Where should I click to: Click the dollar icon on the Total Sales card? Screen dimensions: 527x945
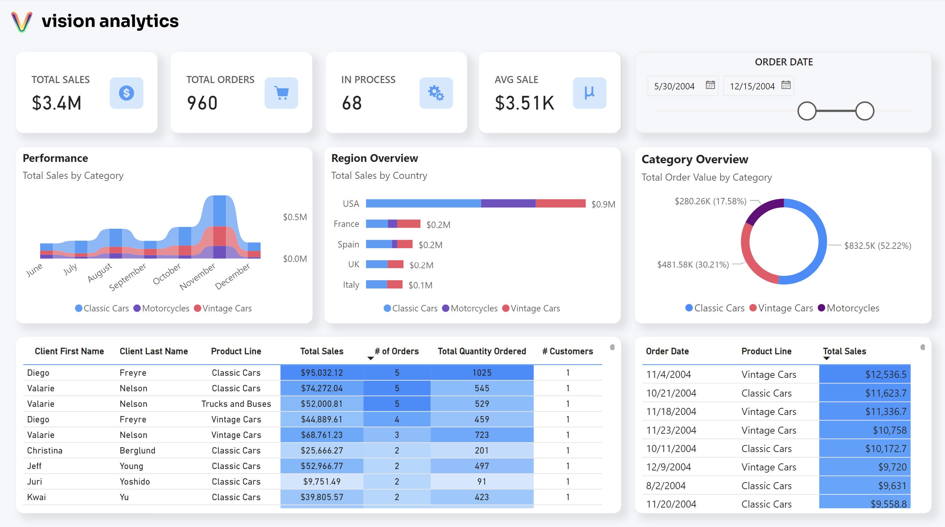point(126,93)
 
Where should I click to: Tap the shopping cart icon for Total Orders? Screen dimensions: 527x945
point(281,93)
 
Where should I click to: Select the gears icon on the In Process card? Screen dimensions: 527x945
point(436,93)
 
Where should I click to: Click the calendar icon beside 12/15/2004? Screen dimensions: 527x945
point(786,85)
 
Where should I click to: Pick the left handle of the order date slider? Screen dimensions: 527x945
point(807,111)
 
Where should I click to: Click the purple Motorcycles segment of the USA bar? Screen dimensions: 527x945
point(508,204)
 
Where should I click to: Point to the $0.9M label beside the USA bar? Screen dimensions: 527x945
point(603,204)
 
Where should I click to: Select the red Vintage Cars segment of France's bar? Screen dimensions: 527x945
point(408,224)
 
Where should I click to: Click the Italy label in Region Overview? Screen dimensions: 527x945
point(351,285)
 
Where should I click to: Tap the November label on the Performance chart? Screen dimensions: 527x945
point(197,276)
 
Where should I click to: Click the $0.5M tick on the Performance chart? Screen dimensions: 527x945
point(294,217)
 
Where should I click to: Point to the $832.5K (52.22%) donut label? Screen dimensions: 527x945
point(877,246)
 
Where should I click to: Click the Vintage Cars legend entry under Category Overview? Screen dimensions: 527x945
point(781,308)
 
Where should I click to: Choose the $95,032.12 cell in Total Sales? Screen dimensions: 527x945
point(321,373)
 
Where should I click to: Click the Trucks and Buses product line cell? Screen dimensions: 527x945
point(236,404)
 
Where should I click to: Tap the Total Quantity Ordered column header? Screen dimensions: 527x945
point(481,351)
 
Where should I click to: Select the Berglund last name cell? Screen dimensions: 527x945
point(137,450)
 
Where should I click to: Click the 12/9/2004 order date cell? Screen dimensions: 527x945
point(668,467)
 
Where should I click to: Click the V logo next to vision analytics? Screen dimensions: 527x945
point(22,22)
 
